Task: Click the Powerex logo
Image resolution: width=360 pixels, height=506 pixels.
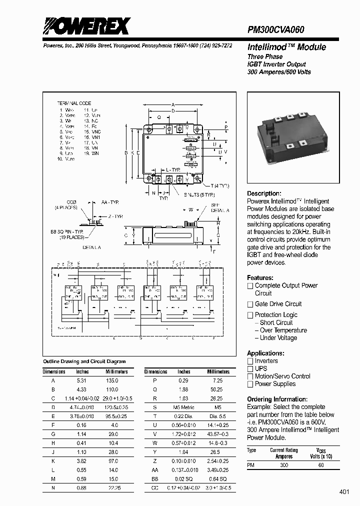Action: [86, 25]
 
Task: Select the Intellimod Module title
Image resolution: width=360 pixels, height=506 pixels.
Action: [286, 47]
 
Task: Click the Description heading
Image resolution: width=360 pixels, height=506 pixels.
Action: [264, 193]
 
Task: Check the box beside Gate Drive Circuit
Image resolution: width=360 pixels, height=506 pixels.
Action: [250, 304]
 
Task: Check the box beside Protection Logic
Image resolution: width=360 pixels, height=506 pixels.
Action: [250, 315]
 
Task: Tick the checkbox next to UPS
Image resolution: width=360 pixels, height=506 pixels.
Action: [250, 368]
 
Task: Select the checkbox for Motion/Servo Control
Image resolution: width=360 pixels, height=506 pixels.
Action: [250, 376]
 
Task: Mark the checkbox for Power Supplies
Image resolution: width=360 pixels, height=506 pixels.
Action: [250, 384]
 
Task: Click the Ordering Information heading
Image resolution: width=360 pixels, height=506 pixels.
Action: [277, 399]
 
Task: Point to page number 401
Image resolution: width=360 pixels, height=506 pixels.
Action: [344, 492]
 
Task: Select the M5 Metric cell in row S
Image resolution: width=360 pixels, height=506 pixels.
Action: [183, 407]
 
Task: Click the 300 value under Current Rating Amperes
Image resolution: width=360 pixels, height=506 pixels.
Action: [283, 465]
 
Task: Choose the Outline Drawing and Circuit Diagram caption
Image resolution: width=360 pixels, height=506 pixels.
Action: [84, 361]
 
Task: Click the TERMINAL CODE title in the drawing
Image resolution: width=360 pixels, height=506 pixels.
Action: [74, 102]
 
